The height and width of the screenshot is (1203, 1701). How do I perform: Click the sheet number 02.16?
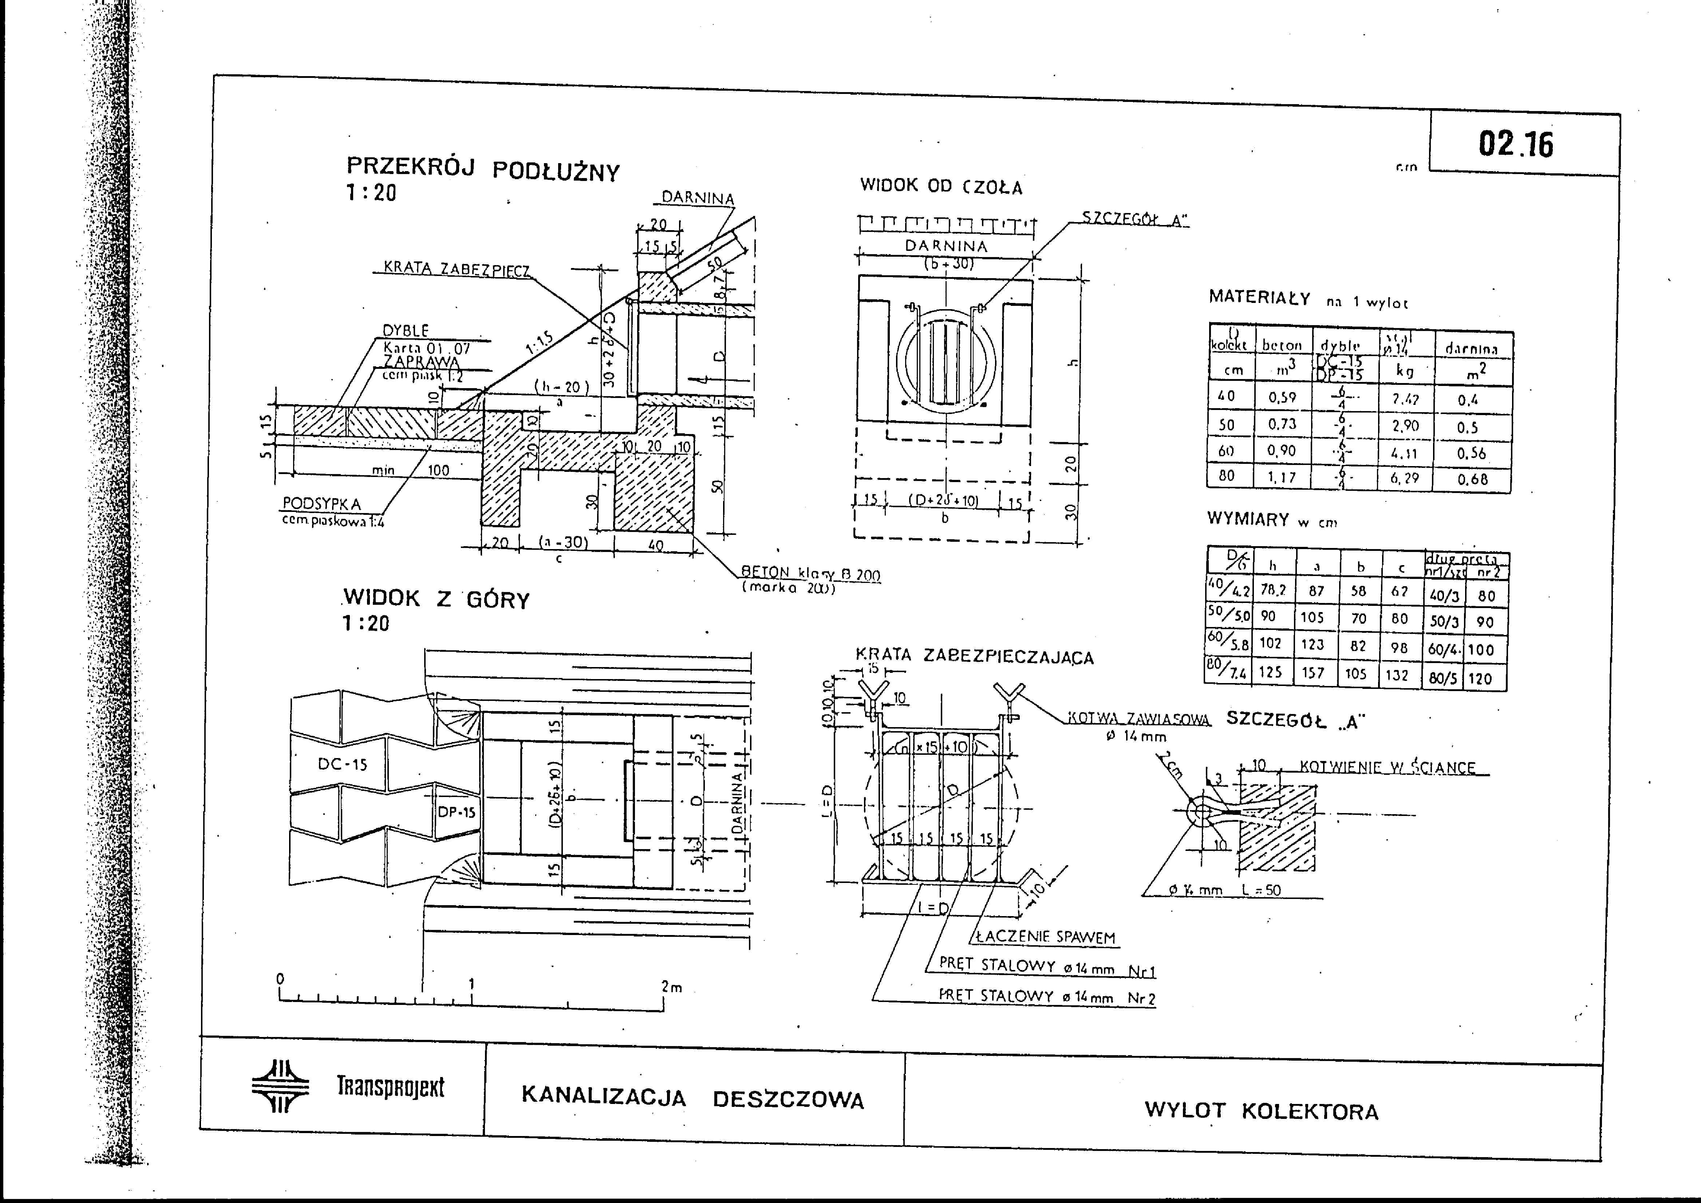tap(1516, 145)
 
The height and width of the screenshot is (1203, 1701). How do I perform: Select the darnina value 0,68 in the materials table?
tap(1472, 479)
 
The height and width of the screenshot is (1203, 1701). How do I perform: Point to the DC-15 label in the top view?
tap(342, 764)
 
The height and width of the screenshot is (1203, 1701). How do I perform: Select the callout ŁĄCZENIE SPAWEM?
tap(1045, 937)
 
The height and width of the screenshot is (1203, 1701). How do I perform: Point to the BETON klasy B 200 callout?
tap(810, 574)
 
